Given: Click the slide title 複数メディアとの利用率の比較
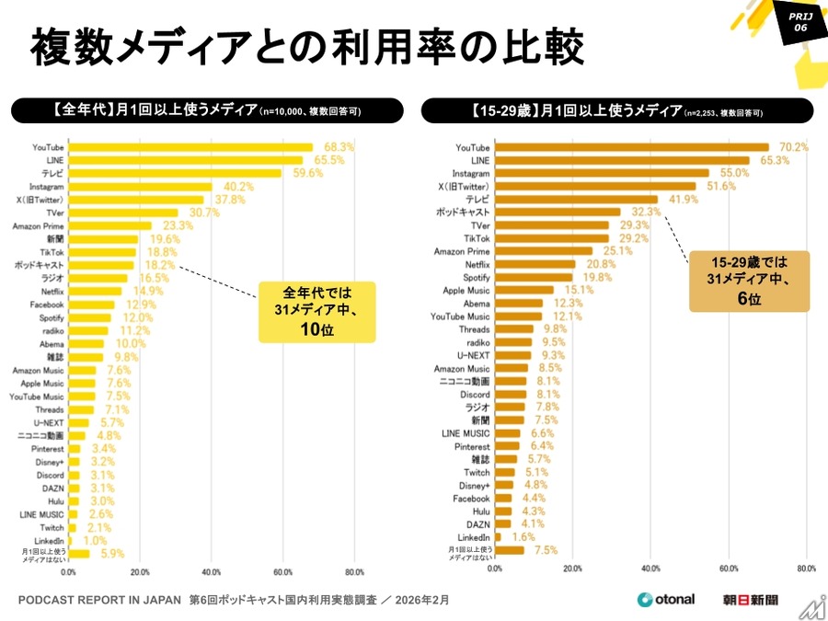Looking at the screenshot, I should coord(306,46).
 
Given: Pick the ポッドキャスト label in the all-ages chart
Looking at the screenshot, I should coord(39,265).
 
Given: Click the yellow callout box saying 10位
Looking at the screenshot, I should coord(317,312).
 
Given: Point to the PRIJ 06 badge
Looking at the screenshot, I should coord(798,21).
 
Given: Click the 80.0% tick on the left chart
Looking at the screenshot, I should coord(353,570).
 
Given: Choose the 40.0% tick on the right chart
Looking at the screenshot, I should coord(650,568).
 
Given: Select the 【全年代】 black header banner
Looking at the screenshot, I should coord(206,110).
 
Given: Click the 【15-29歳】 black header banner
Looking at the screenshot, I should coord(616,110).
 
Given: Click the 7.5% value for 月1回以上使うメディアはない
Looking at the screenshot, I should coord(546,550).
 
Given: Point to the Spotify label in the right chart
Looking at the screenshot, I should coord(477,277).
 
